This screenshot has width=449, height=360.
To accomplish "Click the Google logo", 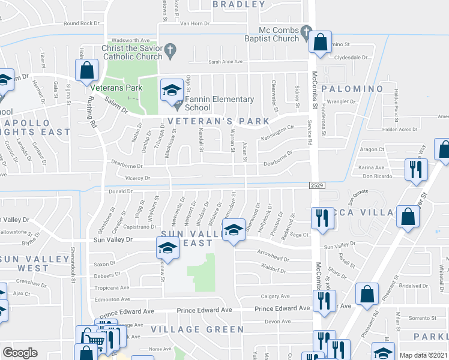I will click(x=20, y=353).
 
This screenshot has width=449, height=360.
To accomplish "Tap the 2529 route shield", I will click(x=318, y=185).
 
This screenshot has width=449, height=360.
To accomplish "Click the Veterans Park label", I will click(x=122, y=88).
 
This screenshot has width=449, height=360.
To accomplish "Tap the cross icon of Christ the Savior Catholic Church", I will click(x=170, y=52).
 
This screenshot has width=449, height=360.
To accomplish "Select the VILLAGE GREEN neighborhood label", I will click(x=197, y=329).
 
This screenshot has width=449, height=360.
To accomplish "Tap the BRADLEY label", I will click(x=239, y=4).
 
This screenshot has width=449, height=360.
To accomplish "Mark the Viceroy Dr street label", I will click(x=137, y=178).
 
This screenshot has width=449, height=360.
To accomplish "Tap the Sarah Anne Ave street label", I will click(x=225, y=61).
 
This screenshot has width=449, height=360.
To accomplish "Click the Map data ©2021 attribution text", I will click(x=423, y=355).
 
